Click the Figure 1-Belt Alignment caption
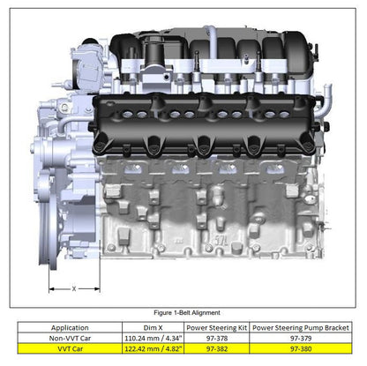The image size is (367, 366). (186, 312)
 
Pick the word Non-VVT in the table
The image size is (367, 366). (64, 336)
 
